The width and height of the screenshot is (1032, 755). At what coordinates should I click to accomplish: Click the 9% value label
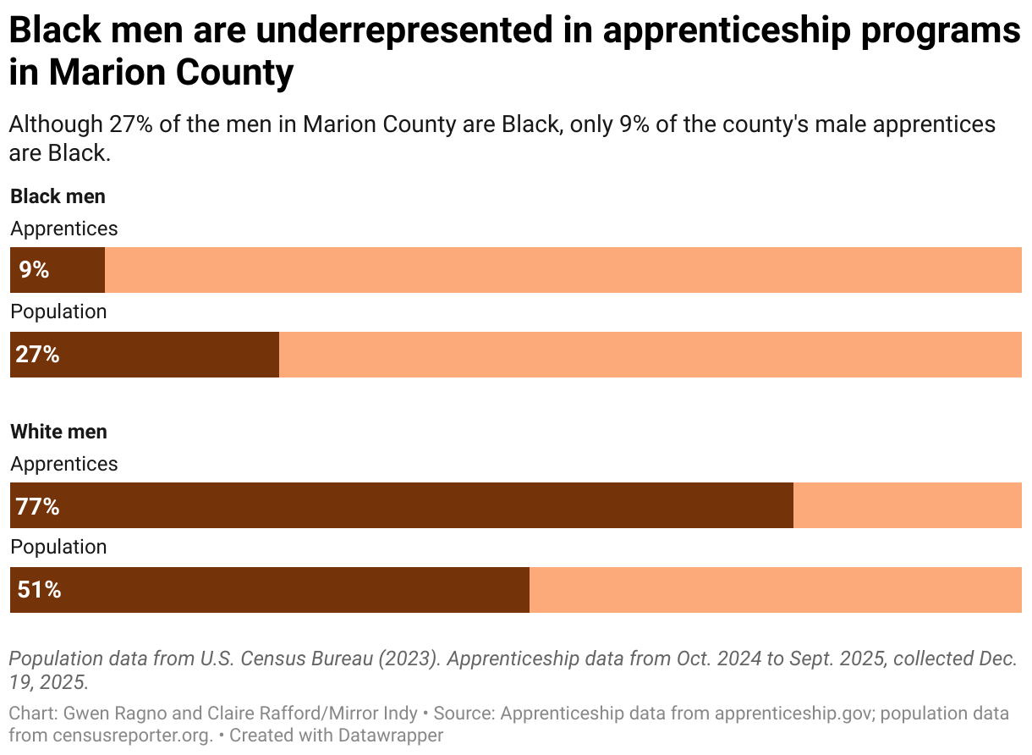coord(34,270)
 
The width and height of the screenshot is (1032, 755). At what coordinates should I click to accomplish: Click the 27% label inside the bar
coord(37,354)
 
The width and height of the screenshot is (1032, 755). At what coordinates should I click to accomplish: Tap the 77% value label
coord(37,506)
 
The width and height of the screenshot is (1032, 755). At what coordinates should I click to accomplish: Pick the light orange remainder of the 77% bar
coord(907,505)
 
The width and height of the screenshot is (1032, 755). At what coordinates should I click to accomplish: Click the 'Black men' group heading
coord(58,196)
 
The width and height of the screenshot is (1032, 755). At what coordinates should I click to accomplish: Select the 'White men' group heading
coord(58,432)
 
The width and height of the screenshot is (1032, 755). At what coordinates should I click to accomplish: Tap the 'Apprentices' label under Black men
coord(63,229)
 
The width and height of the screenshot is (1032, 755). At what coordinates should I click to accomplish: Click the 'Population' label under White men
coord(58,547)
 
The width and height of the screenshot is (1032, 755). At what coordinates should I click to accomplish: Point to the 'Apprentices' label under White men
coord(63,464)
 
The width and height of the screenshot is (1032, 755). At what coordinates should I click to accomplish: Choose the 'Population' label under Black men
coord(58,311)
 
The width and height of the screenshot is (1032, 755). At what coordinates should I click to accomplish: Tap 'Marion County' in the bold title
coord(171,73)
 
